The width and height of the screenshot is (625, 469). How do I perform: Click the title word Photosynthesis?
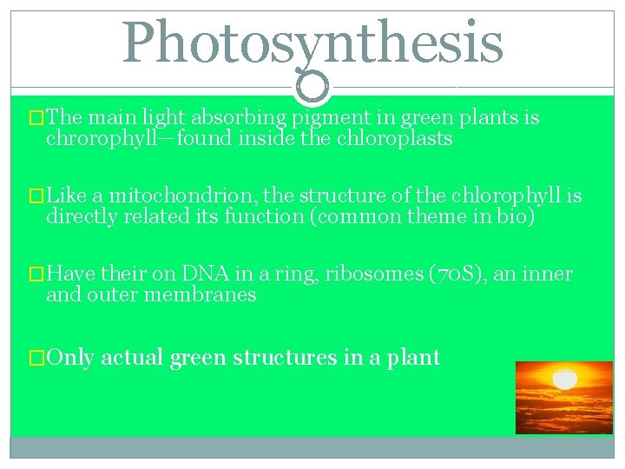[312, 43]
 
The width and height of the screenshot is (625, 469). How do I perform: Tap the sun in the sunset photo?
[565, 380]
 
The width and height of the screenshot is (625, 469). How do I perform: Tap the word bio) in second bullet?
[517, 217]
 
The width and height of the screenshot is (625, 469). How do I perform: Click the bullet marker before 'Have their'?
[36, 275]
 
